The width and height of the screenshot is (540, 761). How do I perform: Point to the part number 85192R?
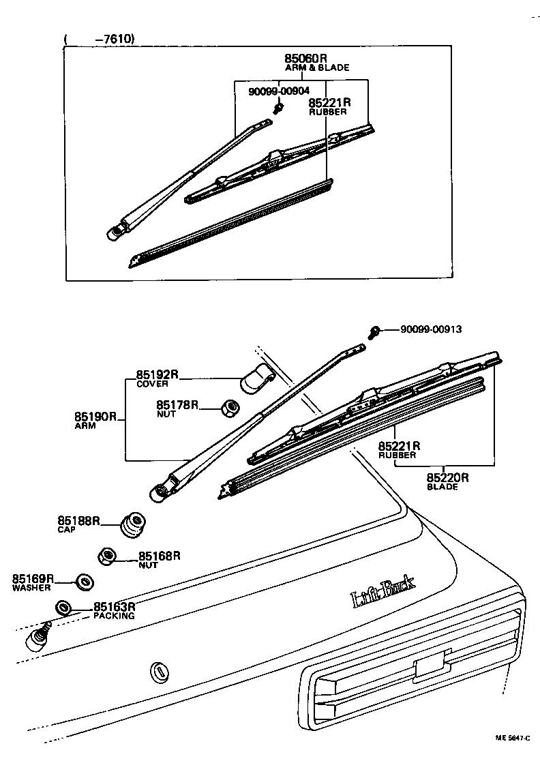point(157,374)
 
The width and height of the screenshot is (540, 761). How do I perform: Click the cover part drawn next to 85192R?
point(258,379)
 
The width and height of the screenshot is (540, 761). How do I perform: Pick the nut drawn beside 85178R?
point(230,408)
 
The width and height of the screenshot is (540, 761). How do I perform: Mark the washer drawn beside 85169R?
point(84,582)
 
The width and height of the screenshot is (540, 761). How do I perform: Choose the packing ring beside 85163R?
point(63,608)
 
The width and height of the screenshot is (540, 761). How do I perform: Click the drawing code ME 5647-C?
point(515,738)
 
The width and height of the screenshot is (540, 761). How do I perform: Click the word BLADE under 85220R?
point(442,487)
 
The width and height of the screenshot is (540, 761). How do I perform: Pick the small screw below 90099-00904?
point(277,108)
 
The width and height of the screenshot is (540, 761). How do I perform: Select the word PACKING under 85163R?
point(114,616)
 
